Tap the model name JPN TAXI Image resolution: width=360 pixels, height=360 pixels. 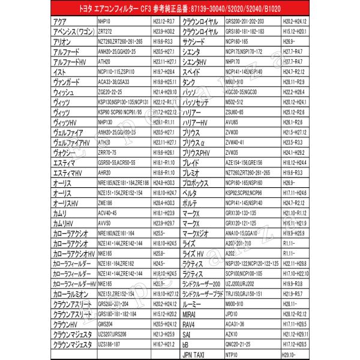[199, 355]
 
